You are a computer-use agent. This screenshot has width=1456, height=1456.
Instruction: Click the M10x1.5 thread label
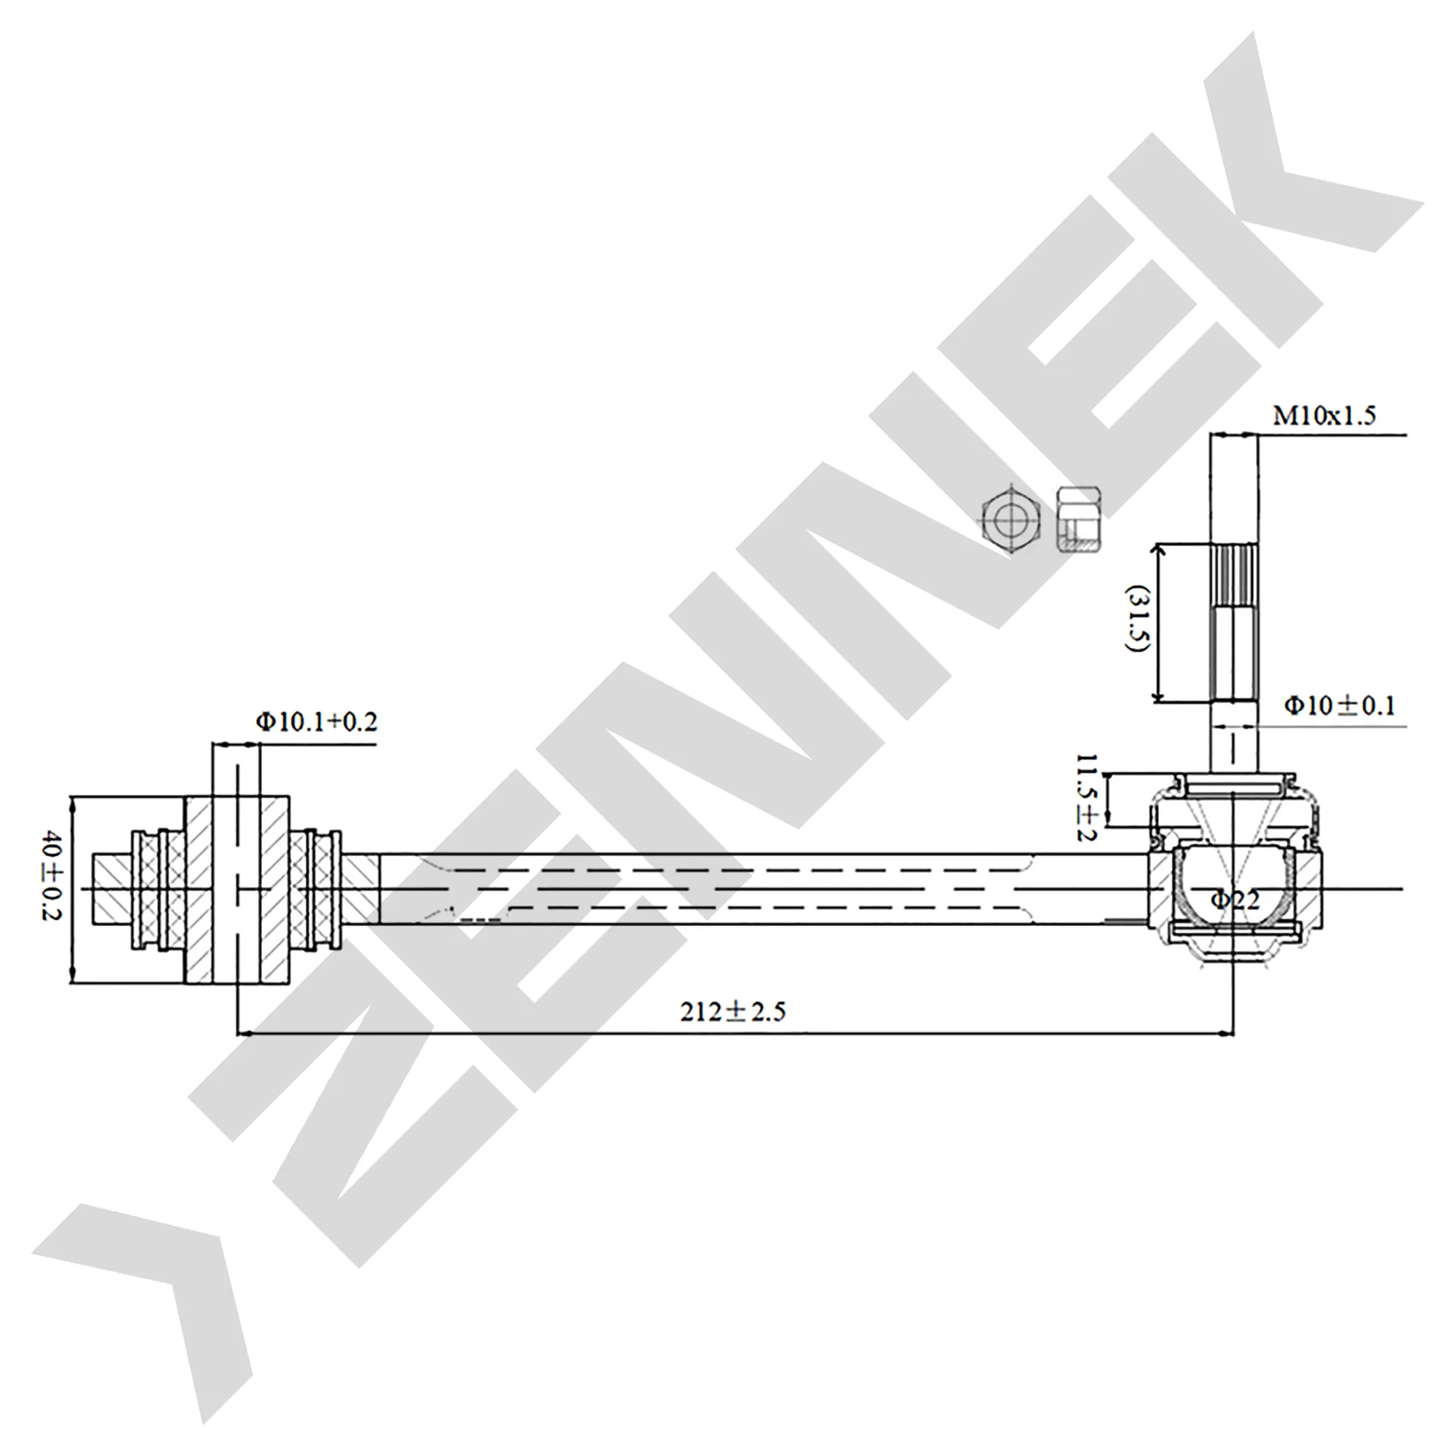[x=1324, y=415]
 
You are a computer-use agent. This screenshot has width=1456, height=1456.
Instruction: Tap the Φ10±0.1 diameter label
[x=1340, y=705]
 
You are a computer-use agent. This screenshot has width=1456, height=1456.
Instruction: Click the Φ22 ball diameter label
[x=1235, y=899]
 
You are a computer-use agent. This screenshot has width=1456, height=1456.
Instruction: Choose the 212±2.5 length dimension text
[x=732, y=1010]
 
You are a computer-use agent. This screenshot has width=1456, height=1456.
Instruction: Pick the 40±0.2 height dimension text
[x=52, y=876]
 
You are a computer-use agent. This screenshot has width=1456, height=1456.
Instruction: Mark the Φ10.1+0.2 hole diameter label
[x=317, y=722]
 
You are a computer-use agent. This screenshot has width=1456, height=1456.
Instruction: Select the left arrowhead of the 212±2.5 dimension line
[x=245, y=1033]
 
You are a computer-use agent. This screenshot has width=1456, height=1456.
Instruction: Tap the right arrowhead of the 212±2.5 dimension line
[x=1224, y=1033]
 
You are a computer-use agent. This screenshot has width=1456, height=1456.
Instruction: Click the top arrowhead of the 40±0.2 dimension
[x=73, y=805]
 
